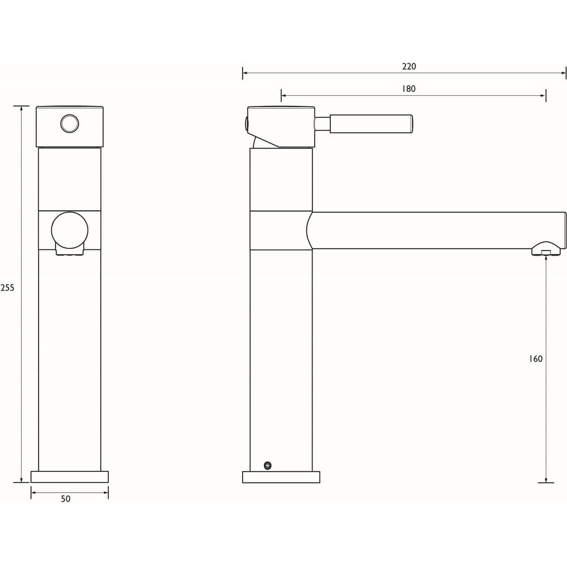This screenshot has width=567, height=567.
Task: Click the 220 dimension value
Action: tap(409, 66)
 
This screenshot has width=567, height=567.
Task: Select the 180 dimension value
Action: tap(409, 88)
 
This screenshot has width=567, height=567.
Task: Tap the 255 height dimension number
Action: tap(7, 287)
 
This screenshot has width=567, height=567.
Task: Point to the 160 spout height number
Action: tap(535, 359)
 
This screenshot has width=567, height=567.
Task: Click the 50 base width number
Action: tap(66, 499)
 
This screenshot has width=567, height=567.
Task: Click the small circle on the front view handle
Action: tap(70, 123)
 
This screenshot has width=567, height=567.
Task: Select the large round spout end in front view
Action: tap(70, 230)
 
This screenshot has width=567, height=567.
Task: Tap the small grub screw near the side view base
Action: tap(267, 466)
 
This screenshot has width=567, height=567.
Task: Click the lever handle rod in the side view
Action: tap(371, 124)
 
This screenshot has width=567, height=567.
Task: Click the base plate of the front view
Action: tap(69, 477)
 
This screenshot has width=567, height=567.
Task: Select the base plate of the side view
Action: tap(281, 477)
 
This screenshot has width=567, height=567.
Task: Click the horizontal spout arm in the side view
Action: tap(437, 230)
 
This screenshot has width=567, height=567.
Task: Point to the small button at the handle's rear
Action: tap(247, 123)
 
